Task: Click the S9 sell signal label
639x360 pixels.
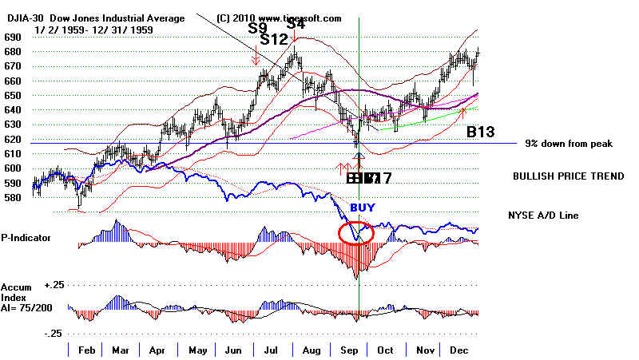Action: click(x=258, y=27)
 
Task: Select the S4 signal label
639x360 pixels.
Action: click(x=296, y=25)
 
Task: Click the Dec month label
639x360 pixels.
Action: click(x=459, y=350)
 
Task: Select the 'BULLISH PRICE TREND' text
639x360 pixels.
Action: click(x=568, y=175)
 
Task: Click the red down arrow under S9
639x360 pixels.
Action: click(x=255, y=57)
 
